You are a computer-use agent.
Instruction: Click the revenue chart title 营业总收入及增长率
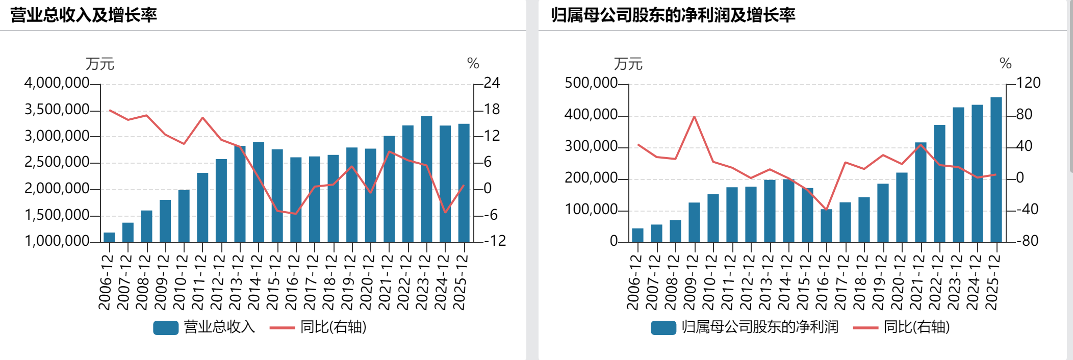84,15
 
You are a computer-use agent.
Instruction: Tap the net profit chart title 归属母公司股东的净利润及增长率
673,15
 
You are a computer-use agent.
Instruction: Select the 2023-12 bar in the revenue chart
426,179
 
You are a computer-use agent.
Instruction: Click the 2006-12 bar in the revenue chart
109,237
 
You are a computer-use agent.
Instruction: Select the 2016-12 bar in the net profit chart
826,225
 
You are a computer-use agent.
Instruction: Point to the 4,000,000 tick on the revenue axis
57,83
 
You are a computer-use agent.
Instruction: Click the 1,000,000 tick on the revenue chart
57,241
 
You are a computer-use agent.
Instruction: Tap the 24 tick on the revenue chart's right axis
492,83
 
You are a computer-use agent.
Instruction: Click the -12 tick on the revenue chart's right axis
494,241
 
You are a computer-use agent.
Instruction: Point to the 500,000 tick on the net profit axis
591,83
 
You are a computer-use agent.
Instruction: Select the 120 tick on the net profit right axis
1028,83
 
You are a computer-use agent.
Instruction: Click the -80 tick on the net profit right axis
1027,241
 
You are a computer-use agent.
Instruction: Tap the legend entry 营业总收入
205,327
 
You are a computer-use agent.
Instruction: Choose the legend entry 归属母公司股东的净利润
745,327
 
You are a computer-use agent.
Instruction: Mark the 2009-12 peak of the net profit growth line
694,117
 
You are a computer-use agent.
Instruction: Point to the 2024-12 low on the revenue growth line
445,212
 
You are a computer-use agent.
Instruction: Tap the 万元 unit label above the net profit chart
628,64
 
